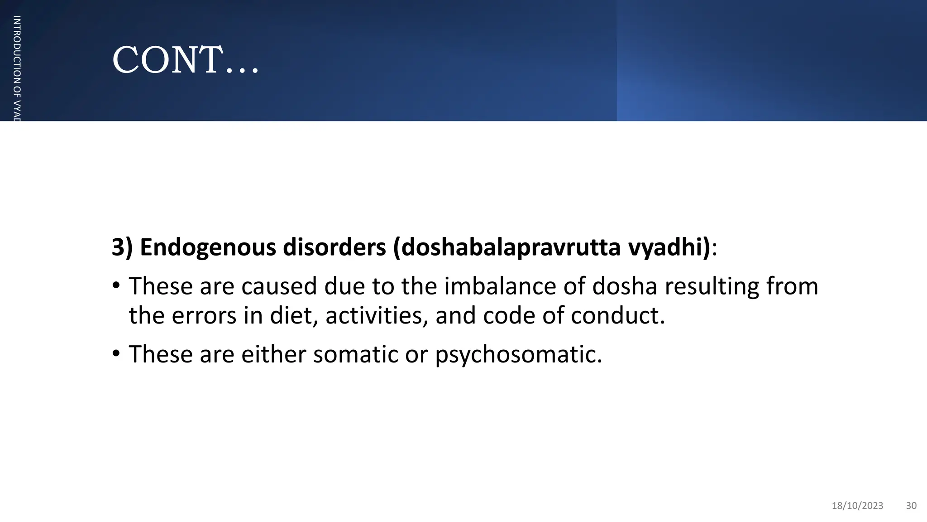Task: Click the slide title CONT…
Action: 185,60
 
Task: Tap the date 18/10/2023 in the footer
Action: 857,506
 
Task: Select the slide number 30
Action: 911,506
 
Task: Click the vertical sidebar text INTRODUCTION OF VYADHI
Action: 17,68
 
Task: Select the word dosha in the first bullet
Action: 624,286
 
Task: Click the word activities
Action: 377,315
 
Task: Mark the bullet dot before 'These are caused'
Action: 116,286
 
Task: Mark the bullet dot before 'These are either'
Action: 116,353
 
